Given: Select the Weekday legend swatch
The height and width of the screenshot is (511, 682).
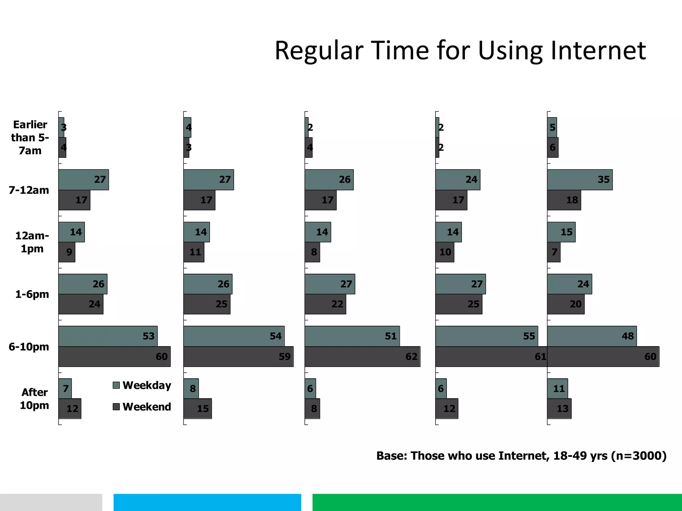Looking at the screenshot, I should click(116, 385).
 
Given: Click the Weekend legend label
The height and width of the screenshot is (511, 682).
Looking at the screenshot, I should click(147, 407).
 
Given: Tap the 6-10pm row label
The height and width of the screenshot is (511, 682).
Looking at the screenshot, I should click(29, 347).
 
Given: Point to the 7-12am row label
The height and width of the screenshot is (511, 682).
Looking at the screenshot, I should click(29, 190).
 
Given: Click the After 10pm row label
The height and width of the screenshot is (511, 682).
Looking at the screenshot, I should click(34, 399).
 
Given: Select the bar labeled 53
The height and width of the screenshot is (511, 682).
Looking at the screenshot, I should click(108, 336).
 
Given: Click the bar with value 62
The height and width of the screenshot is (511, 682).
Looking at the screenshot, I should click(362, 357).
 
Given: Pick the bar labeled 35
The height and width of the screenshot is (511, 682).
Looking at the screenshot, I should click(579, 180).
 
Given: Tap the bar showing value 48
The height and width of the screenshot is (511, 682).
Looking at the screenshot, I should click(591, 336).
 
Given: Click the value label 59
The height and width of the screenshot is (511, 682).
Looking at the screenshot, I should click(285, 357).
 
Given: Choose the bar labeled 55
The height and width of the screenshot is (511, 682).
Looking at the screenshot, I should click(486, 336).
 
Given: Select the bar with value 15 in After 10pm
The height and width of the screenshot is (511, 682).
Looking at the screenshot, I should click(197, 409).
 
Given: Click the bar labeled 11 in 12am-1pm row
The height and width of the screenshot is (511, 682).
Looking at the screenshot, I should click(193, 252).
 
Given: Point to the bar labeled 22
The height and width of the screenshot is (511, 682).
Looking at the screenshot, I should click(325, 304).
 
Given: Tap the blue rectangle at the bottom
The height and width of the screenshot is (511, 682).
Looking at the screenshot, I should click(207, 502).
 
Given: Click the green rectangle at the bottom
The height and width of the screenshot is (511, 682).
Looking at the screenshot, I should click(497, 502).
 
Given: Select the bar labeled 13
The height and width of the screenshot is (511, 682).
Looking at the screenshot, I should click(559, 409).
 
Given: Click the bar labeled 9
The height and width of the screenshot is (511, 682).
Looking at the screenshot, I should click(67, 252).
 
